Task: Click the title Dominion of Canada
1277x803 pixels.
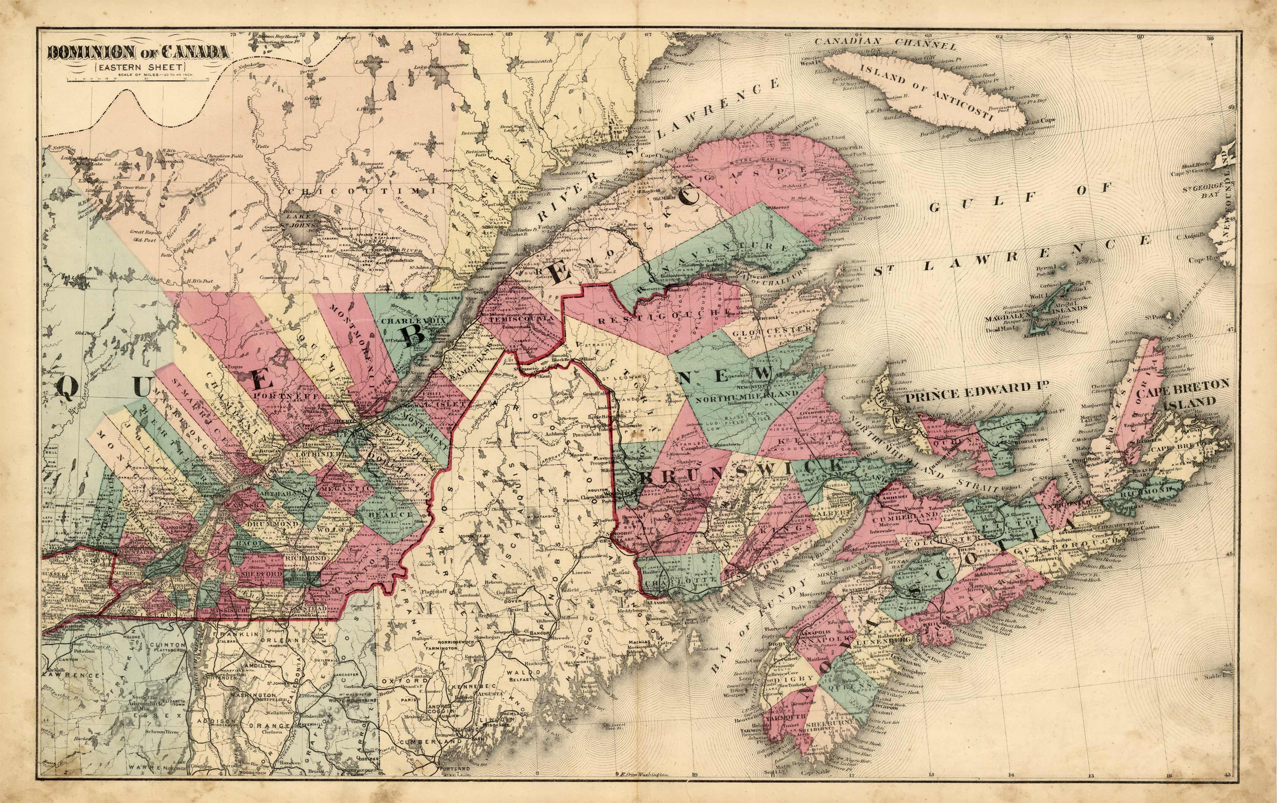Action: coord(138,53)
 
